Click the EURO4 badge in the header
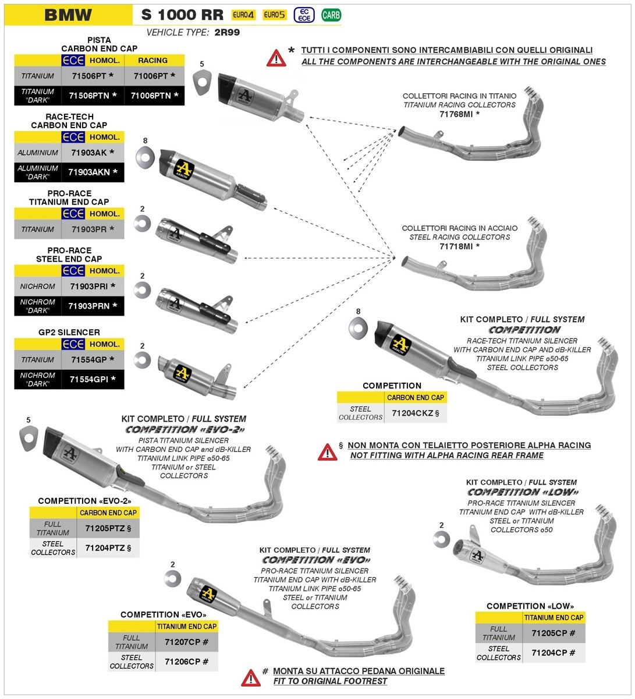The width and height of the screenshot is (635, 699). [x=243, y=15]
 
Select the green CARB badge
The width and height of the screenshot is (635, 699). [x=331, y=15]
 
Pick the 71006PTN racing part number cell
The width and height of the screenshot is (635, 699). [x=154, y=96]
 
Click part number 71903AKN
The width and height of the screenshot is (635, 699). [x=93, y=172]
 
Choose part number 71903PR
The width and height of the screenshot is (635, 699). [x=92, y=229]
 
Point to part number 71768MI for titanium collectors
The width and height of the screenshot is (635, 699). [x=459, y=114]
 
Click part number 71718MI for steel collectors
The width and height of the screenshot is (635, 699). [x=459, y=246]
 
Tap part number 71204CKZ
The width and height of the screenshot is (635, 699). [x=415, y=412]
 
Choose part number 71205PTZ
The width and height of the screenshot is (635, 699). [x=108, y=528]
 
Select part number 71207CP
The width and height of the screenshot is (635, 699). [x=186, y=642]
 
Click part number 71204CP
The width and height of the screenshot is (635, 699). [x=553, y=652]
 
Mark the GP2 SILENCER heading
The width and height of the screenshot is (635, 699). [x=69, y=332]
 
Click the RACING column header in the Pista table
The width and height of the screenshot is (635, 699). [x=153, y=60]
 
